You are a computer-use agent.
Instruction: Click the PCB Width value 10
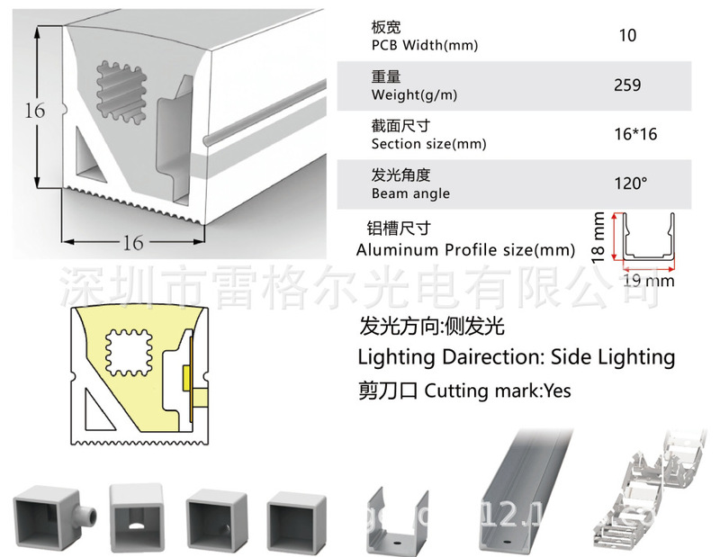click(x=627, y=36)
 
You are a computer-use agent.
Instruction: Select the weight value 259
click(x=627, y=85)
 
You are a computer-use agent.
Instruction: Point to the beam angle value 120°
click(x=631, y=184)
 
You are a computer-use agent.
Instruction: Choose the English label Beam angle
click(x=410, y=193)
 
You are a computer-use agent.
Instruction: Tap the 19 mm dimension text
click(x=649, y=281)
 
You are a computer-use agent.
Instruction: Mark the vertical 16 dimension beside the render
click(x=34, y=112)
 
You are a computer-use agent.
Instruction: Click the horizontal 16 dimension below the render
click(x=132, y=241)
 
